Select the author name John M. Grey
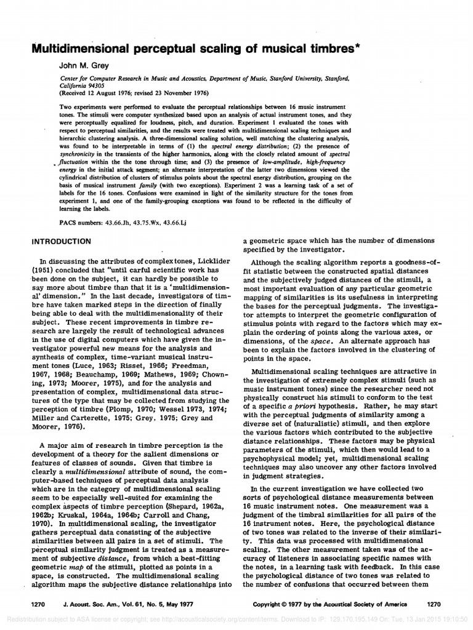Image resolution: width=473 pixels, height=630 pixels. point(85,65)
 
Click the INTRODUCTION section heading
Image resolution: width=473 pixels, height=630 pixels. point(62,241)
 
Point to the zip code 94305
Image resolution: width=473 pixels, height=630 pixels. point(97,86)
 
